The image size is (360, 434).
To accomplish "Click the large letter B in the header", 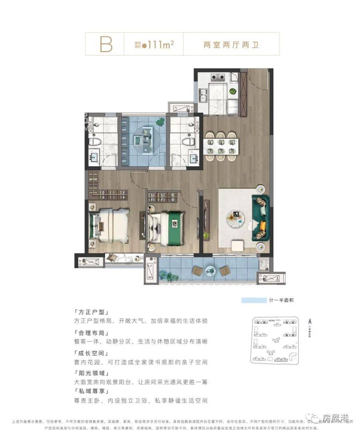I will point(106,44).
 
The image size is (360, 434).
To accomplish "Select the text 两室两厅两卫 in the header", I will point(231,45).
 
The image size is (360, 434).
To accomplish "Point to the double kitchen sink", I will point(203,95).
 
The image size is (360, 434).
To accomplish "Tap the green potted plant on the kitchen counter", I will point(233,91).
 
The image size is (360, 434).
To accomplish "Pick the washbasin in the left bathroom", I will point(94,158).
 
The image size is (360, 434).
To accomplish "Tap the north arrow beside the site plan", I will point(309,322).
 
